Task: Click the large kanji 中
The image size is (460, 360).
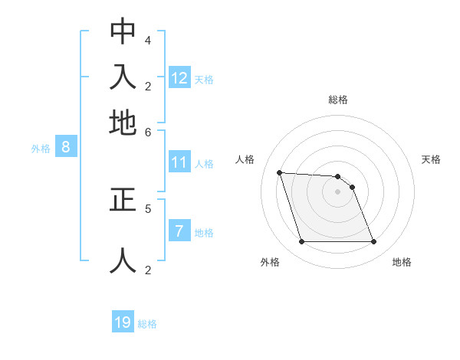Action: (123, 31)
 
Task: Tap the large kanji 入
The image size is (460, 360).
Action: (123, 77)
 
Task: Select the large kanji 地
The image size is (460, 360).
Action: (123, 122)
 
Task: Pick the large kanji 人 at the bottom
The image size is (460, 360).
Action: (123, 260)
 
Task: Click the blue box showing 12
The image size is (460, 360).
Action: (179, 78)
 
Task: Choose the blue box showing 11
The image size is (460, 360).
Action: (179, 162)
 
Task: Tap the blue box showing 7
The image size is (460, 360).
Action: (179, 231)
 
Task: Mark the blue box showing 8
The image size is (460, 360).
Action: (66, 148)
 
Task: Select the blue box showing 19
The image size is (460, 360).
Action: (123, 322)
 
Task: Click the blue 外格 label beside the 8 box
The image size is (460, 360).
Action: (41, 149)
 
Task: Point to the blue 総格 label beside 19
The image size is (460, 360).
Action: (147, 324)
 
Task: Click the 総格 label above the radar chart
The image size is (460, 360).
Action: (337, 100)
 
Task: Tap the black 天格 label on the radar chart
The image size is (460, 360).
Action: (431, 159)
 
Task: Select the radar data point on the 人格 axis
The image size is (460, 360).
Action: (279, 172)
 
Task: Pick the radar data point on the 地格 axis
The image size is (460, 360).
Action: (373, 242)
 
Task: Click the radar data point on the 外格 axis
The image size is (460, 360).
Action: (301, 242)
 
